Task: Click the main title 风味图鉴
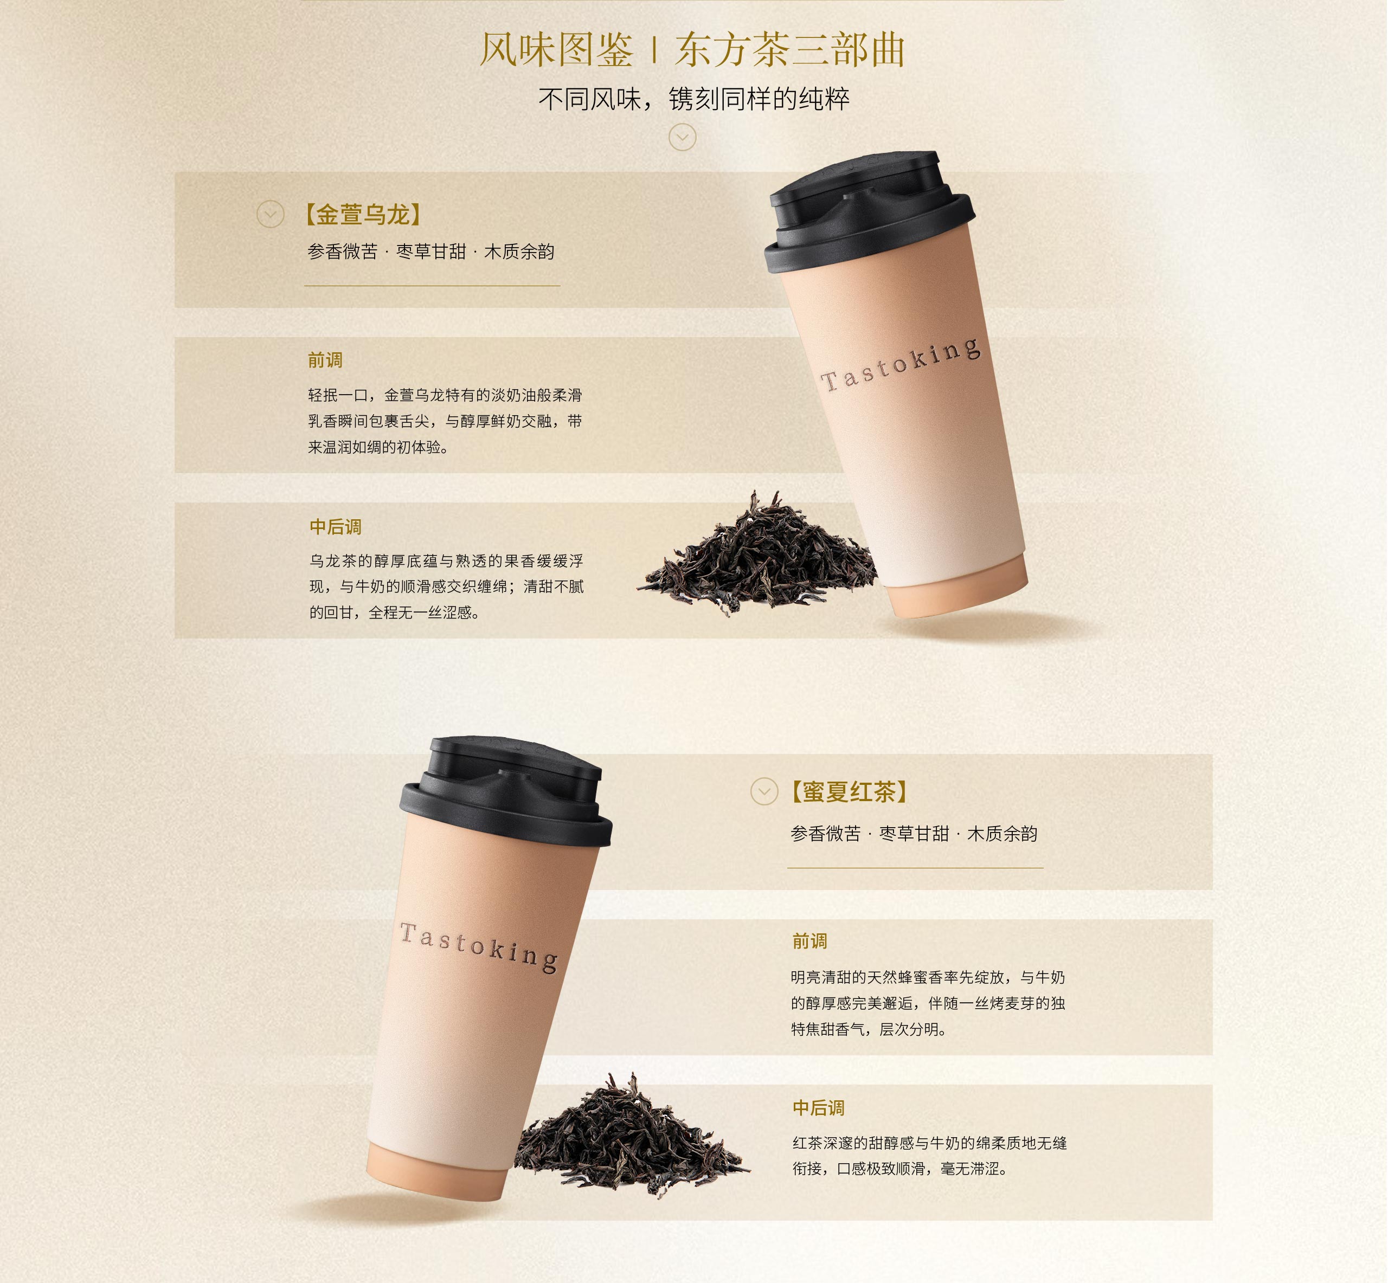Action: [x=556, y=50]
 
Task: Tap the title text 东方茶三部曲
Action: [x=790, y=50]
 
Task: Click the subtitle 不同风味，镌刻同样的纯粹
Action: [x=693, y=99]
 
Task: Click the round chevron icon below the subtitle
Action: [x=683, y=138]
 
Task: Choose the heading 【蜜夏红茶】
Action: [x=849, y=791]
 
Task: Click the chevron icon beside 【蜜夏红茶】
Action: [x=764, y=791]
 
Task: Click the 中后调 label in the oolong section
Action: [x=336, y=527]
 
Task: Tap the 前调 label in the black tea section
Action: [x=809, y=942]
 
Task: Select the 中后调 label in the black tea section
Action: [x=819, y=1108]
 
